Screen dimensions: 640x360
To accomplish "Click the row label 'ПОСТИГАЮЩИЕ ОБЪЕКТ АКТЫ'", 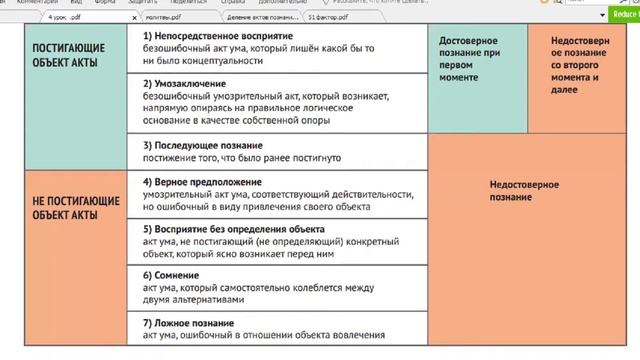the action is (76, 55).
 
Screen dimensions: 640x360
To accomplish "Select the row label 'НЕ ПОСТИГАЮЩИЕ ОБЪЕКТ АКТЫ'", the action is (76, 207).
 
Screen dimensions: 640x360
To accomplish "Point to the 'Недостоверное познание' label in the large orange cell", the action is (524, 191).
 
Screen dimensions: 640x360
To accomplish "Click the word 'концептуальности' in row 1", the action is (226, 61).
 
